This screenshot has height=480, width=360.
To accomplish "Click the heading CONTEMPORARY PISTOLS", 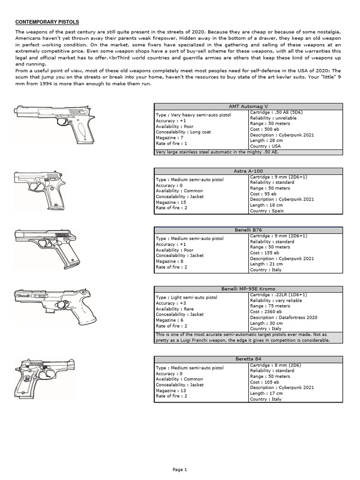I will tap(47, 22).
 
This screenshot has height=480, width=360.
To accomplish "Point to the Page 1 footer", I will tap(180, 469).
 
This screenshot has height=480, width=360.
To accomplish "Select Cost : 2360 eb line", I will tap(266, 312).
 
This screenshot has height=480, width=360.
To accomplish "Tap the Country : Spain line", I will tap(267, 211).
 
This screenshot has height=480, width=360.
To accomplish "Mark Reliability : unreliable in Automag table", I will tap(273, 118).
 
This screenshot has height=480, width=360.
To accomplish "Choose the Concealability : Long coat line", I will tap(183, 132).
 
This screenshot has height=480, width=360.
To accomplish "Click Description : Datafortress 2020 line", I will tap(284, 317).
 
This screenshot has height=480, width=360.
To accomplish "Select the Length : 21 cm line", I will tap(266, 264).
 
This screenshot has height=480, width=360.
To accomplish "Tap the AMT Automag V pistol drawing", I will tap(54, 123).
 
